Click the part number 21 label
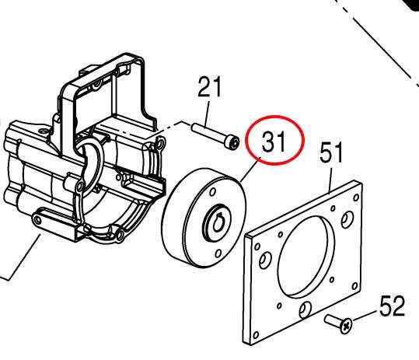tap(210, 86)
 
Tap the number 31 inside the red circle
tap(274, 142)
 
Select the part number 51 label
tap(331, 152)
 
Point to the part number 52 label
tap(392, 306)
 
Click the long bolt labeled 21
tap(215, 135)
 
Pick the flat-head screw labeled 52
tap(338, 323)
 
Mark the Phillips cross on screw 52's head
tap(347, 326)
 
